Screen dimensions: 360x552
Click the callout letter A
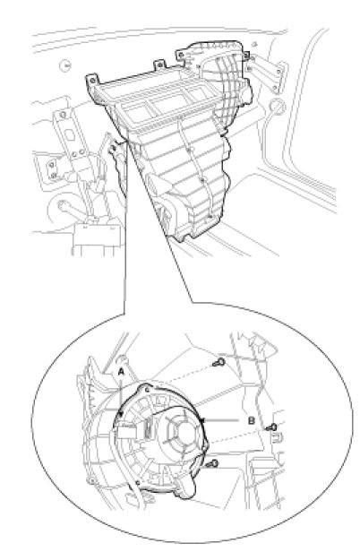[121, 371]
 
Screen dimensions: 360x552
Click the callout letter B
[252, 420]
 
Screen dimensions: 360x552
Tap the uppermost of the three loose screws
[219, 362]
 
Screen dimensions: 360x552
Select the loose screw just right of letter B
[271, 428]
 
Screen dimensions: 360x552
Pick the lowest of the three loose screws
[212, 464]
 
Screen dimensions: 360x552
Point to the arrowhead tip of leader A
[122, 416]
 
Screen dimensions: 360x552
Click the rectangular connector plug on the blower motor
[126, 430]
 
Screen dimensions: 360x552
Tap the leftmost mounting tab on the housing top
[92, 81]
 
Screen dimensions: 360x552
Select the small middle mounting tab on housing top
[159, 65]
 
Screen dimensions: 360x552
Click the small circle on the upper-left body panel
[65, 65]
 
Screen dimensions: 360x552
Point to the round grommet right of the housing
[277, 106]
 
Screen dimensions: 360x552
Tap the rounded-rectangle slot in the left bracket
[69, 134]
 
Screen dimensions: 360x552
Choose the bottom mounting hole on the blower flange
[138, 482]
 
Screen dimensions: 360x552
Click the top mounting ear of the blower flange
[146, 389]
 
